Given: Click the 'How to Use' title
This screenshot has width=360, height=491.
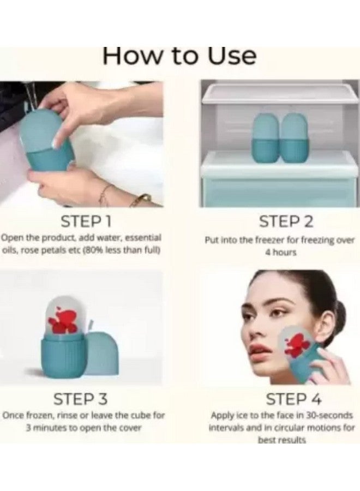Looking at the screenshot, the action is point(179,56).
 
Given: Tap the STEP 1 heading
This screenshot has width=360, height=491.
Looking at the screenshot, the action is point(86,221).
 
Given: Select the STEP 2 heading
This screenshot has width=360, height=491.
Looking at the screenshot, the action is point(286,221).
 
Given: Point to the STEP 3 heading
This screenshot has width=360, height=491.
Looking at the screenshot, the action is point(80,399).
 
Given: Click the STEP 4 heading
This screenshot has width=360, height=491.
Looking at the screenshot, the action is point(293,399).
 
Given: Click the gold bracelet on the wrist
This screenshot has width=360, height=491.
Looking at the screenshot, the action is point(140,200).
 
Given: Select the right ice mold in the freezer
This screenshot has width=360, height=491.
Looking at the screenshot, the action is point(293,138).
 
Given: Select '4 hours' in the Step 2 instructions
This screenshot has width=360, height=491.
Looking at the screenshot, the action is point(280,253).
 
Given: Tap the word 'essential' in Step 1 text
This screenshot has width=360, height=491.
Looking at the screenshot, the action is point(143,238).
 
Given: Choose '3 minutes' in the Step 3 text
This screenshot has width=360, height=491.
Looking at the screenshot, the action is point(47,427).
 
